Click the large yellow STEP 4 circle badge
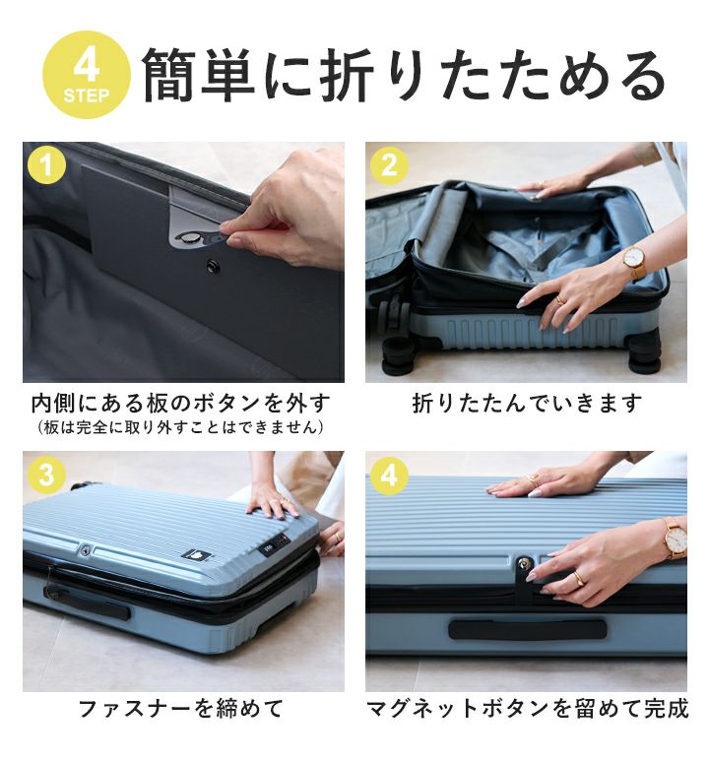[x=87, y=74]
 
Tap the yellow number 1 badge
[x=46, y=165]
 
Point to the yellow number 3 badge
[x=46, y=475]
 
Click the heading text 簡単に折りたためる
[x=404, y=75]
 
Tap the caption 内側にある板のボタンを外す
[x=181, y=403]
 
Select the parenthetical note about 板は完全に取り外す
[x=180, y=427]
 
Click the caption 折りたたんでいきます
[x=528, y=403]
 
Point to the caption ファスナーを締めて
[x=180, y=708]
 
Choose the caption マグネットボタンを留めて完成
[x=528, y=708]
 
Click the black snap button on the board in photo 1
[x=213, y=266]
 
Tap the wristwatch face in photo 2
[x=634, y=257]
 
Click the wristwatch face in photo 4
[x=676, y=538]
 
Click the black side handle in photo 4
[x=528, y=629]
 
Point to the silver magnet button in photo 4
[x=524, y=564]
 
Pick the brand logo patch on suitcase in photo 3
[x=196, y=555]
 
